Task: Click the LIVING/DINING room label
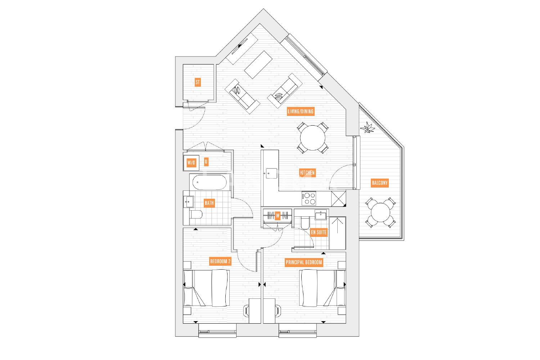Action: [x=300, y=111]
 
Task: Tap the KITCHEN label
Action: [x=307, y=173]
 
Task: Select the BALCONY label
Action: [x=380, y=183]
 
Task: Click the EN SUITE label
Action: [x=319, y=232]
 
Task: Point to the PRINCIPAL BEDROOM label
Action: [x=304, y=262]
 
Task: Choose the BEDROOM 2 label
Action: [x=220, y=261]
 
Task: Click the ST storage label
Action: [x=198, y=82]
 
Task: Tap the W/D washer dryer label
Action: [x=192, y=162]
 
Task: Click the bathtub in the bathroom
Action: [x=210, y=182]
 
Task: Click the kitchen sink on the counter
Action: [x=271, y=174]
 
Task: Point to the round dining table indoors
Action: [x=313, y=138]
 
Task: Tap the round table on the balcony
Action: [x=381, y=212]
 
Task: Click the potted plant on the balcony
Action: [x=368, y=127]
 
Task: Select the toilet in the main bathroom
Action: [x=196, y=214]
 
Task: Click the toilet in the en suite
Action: [x=305, y=223]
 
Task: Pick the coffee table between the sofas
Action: [x=258, y=65]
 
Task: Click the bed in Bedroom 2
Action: [x=206, y=288]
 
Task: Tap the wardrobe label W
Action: [x=278, y=216]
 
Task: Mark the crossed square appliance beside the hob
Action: [x=338, y=199]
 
